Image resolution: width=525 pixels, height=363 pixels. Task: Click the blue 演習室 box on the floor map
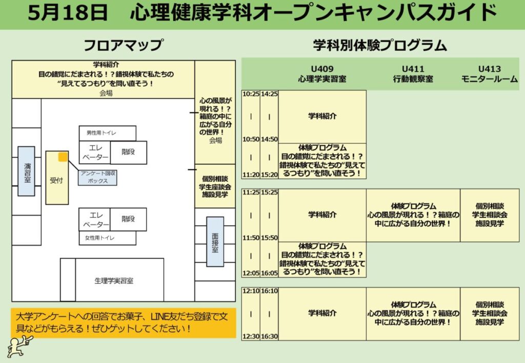(26, 171)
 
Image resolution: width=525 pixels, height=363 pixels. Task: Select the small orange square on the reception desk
(63, 157)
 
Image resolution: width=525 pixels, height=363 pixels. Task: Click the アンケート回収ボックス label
(97, 177)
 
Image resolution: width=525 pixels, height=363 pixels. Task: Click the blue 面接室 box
(215, 242)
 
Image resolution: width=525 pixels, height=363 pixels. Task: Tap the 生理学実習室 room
(114, 281)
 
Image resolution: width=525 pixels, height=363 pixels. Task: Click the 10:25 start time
(251, 95)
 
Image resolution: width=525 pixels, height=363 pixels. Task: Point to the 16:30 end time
(269, 336)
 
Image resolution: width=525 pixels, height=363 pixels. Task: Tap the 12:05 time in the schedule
(251, 273)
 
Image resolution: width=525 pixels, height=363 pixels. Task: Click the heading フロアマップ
(123, 46)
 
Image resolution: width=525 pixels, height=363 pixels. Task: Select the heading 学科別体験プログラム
(380, 46)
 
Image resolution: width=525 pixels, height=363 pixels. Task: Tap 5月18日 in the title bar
(68, 14)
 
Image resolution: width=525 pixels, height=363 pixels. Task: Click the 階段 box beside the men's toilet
(128, 152)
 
